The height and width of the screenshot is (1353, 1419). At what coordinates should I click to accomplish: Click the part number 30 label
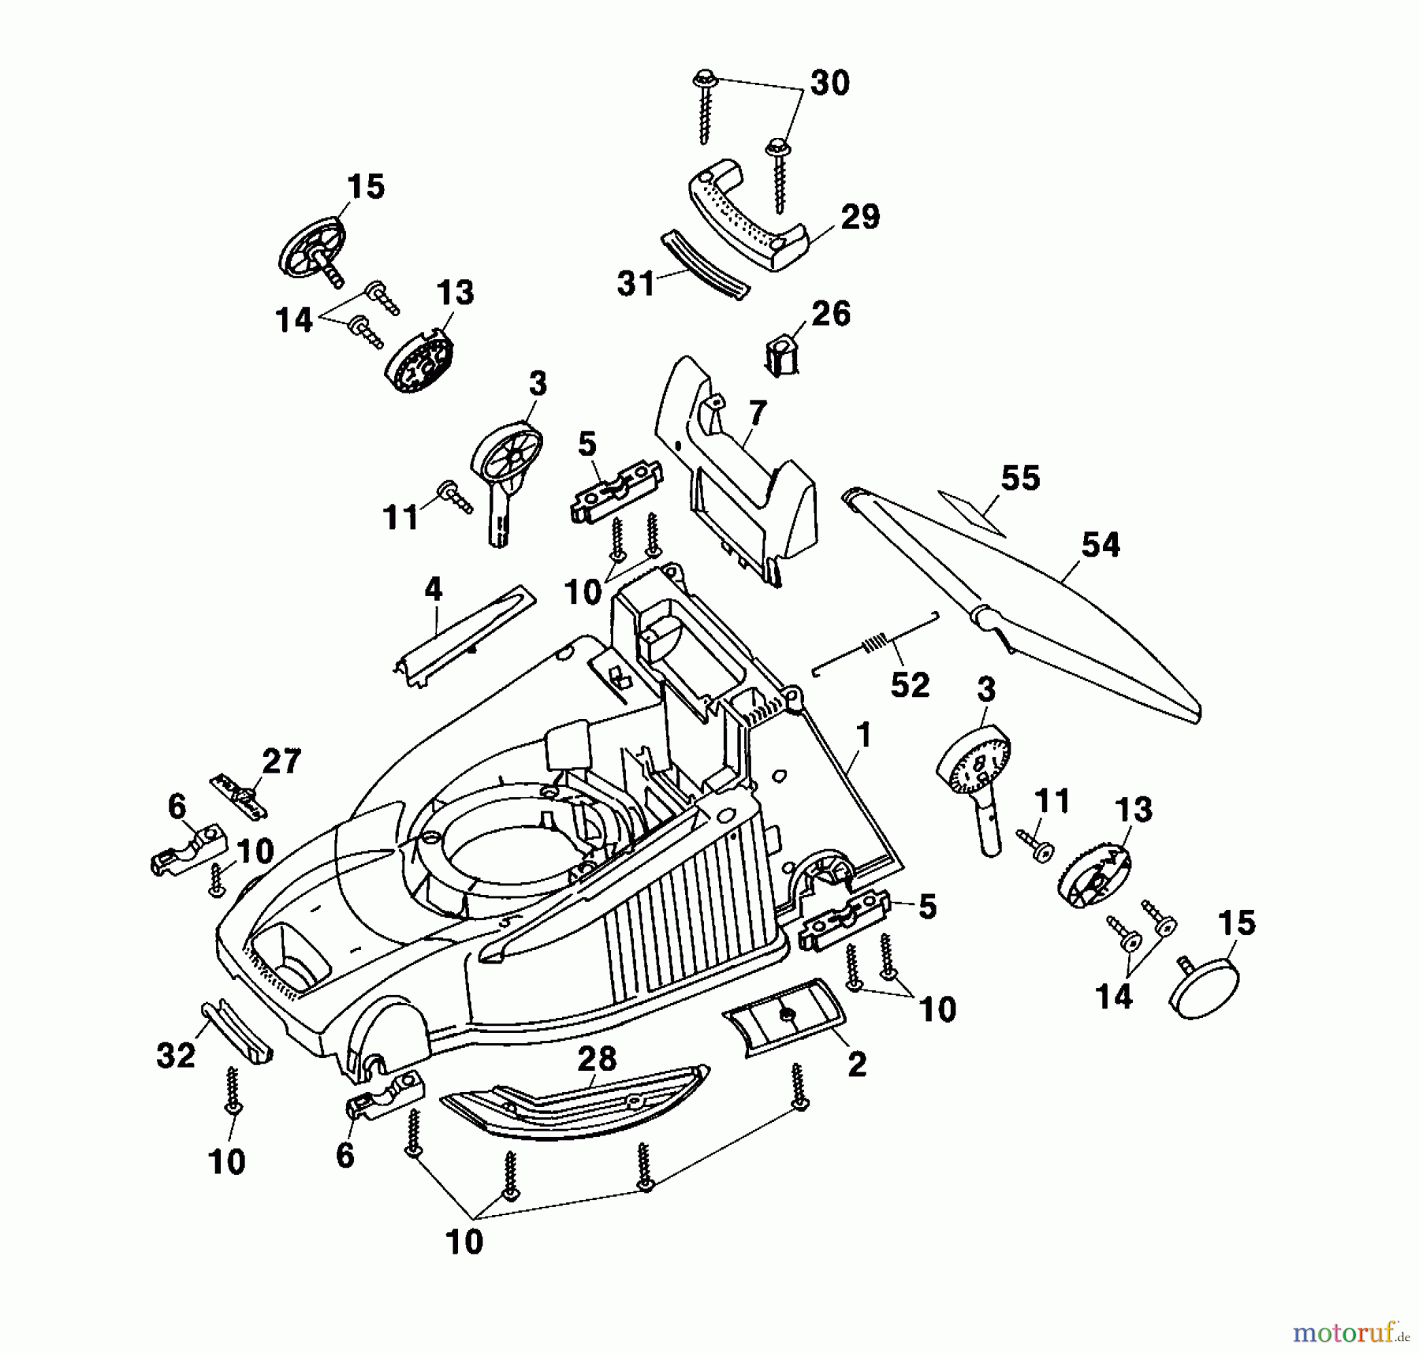[x=830, y=83]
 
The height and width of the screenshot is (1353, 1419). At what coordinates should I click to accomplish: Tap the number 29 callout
[x=860, y=217]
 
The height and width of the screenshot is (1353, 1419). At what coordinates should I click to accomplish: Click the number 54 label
[x=1101, y=545]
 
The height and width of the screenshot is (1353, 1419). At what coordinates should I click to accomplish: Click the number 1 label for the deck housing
[x=864, y=736]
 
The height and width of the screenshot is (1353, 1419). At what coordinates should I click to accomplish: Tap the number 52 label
[x=910, y=684]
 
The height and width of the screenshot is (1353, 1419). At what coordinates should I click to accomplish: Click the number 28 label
[x=597, y=1059]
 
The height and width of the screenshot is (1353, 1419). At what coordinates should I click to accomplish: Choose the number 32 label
[x=175, y=1055]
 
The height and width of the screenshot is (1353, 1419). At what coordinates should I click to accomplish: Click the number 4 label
[x=433, y=589]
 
